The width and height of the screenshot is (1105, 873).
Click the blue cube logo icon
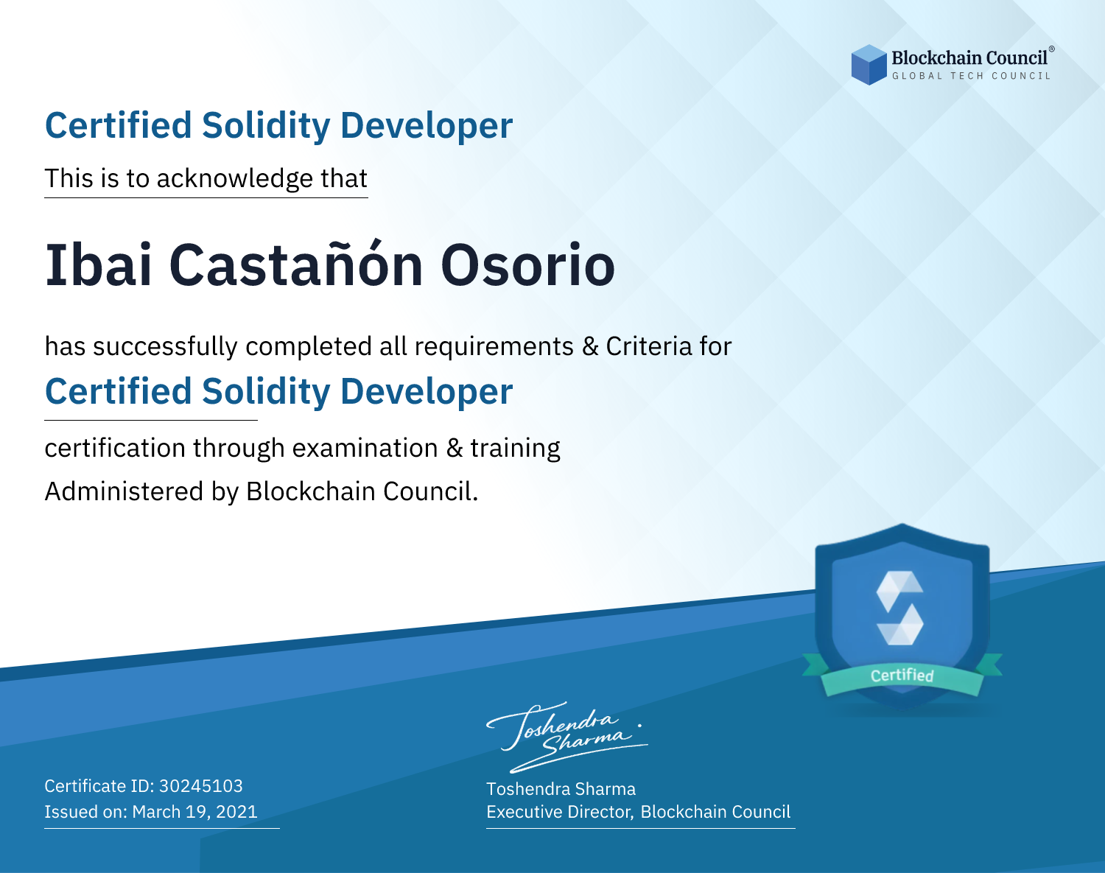(869, 65)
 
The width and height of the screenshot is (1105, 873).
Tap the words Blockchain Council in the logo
(969, 58)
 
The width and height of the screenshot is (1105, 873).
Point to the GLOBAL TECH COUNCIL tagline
(972, 76)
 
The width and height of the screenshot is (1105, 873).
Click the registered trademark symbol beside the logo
(1052, 49)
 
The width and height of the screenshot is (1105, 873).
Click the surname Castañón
(295, 264)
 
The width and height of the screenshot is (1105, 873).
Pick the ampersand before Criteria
(590, 346)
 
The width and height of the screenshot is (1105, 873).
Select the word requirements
(494, 347)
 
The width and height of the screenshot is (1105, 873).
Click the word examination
(365, 448)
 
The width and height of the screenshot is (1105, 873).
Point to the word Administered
(124, 491)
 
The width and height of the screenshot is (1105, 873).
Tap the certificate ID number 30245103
(201, 785)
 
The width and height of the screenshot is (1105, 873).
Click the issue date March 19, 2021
(194, 811)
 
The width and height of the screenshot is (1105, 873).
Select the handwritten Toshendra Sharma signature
(566, 737)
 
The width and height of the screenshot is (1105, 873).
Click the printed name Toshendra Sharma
(561, 789)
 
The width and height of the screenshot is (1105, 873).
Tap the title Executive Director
(559, 812)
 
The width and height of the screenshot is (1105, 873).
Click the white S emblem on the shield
(899, 608)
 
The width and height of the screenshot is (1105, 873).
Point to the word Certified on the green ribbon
(902, 676)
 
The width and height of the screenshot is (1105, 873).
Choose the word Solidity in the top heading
(265, 126)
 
